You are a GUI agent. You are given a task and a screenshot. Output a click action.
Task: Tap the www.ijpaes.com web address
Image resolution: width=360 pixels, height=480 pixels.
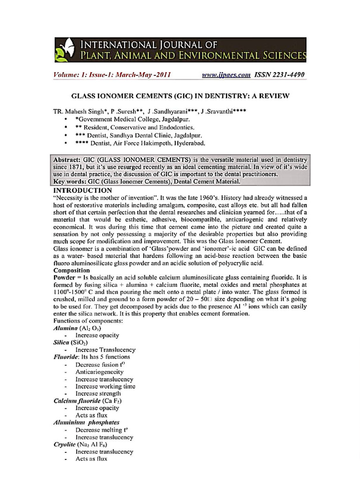(x=226, y=75)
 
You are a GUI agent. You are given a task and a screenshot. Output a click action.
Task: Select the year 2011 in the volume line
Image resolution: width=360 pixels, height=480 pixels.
(x=161, y=75)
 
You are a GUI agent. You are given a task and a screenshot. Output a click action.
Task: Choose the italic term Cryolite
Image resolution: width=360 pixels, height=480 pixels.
(x=66, y=444)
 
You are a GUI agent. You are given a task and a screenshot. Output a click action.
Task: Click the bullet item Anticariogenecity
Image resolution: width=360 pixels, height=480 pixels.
(x=99, y=372)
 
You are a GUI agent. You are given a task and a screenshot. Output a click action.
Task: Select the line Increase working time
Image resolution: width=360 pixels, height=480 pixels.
(x=105, y=386)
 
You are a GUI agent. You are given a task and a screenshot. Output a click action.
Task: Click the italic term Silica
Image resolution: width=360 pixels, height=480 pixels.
(x=63, y=343)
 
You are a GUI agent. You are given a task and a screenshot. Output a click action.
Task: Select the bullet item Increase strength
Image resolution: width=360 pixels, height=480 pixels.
(x=98, y=394)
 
